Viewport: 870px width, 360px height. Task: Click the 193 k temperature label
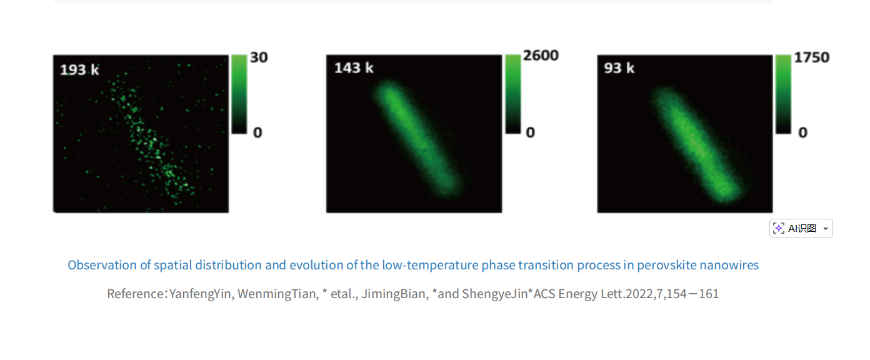point(79,69)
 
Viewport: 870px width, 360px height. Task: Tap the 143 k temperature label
point(354,67)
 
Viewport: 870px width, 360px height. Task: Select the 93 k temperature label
point(619,67)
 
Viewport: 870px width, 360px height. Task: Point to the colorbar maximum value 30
point(259,57)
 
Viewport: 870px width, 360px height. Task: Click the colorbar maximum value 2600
point(541,56)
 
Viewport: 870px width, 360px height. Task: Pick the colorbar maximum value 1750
point(811,57)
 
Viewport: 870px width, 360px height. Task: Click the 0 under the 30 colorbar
point(257,132)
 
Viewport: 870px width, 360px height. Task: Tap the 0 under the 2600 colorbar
point(530,132)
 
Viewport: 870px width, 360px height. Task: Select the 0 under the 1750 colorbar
point(802,132)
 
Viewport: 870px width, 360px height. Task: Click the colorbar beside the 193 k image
point(239,94)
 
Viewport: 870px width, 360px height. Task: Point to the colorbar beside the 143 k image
point(512,94)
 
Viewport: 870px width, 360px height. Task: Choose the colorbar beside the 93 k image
point(783,94)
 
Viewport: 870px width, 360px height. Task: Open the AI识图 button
point(802,228)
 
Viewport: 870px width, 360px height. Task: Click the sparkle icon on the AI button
point(779,228)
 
